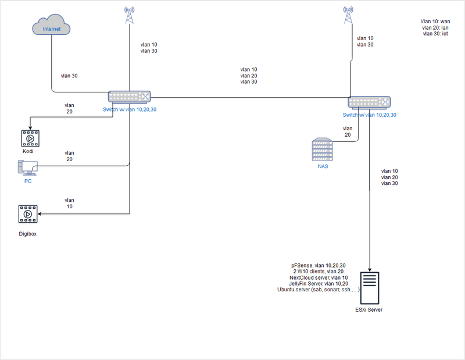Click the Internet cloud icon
click(x=52, y=27)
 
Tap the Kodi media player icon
click(x=29, y=138)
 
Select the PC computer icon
click(x=27, y=169)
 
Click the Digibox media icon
click(x=27, y=214)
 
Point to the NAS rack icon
click(x=322, y=149)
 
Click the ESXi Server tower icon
click(x=370, y=287)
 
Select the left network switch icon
click(x=129, y=97)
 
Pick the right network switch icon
click(x=369, y=102)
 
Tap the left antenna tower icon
click(x=128, y=16)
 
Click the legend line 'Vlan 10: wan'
click(x=435, y=21)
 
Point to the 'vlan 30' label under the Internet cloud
click(x=69, y=76)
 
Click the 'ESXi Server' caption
click(x=369, y=309)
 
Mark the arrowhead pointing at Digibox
click(x=41, y=214)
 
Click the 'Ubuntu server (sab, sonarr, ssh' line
click(x=319, y=290)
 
